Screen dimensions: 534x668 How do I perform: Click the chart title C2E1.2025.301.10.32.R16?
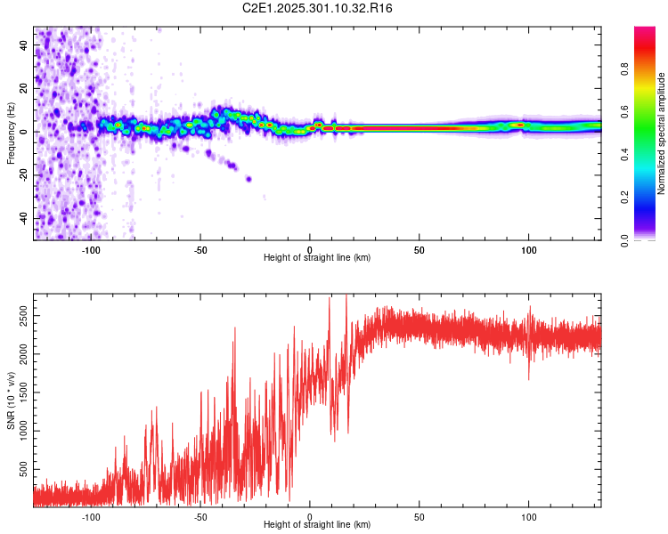(x=318, y=8)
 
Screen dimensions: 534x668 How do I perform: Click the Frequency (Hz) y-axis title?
(x=11, y=133)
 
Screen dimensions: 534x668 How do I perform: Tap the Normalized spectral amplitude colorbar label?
(x=662, y=133)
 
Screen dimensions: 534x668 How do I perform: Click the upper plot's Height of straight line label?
(x=317, y=257)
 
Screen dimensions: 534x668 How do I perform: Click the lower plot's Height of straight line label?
(x=317, y=524)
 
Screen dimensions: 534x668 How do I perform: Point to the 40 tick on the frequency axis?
(x=25, y=45)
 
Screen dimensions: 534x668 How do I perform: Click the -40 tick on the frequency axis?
(x=23, y=219)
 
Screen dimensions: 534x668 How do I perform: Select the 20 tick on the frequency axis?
(x=25, y=89)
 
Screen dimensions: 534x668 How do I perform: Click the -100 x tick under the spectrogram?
(x=91, y=250)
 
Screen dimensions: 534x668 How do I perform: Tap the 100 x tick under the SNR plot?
(x=529, y=517)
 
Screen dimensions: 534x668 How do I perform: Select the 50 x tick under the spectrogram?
(x=420, y=250)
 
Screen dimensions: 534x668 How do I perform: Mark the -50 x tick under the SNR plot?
(x=200, y=517)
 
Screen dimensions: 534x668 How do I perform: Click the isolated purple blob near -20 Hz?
(x=248, y=179)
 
